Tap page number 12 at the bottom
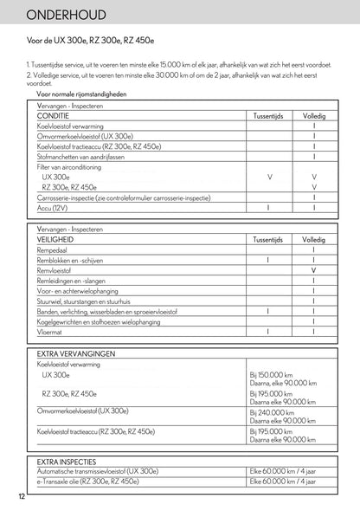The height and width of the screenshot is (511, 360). pyautogui.click(x=20, y=496)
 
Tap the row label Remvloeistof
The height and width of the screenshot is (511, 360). pyautogui.click(x=58, y=270)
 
